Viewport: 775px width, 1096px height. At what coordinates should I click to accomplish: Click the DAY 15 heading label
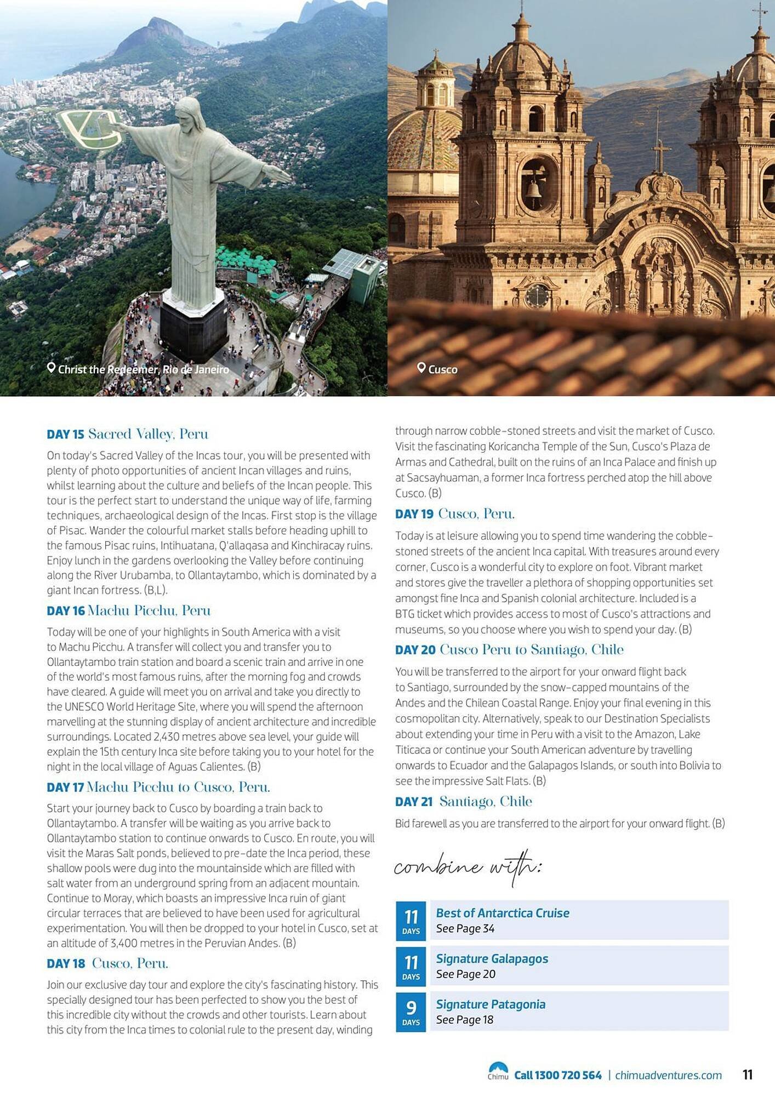(65, 435)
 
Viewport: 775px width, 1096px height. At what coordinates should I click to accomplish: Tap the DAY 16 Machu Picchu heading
(128, 610)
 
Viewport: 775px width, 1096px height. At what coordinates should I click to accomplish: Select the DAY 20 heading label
(415, 650)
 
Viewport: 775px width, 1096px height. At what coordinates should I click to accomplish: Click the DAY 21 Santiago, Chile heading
(463, 802)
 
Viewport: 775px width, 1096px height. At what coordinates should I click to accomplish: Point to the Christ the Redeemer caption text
(143, 369)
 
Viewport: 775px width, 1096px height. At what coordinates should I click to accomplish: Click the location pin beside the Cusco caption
(421, 368)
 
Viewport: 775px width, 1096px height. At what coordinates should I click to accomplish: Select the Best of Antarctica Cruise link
(502, 913)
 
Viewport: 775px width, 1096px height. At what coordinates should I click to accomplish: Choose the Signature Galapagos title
(492, 958)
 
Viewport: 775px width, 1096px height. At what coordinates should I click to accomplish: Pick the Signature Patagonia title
(491, 1004)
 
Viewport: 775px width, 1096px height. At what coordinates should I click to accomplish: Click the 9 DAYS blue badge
(411, 1011)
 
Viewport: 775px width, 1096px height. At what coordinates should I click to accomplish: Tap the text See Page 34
(465, 928)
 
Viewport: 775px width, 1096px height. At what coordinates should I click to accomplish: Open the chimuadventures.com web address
(668, 1075)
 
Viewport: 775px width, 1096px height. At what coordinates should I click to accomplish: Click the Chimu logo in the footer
(498, 1071)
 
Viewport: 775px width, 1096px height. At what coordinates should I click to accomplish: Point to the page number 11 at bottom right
(747, 1075)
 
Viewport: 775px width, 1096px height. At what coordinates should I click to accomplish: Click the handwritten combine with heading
(468, 867)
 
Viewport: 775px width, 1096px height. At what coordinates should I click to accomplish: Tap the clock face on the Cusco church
(537, 296)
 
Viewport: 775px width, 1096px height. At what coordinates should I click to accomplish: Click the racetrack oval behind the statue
(90, 128)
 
